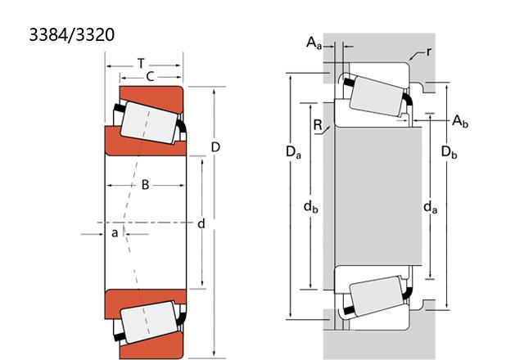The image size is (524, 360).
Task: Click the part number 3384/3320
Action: [x=72, y=34]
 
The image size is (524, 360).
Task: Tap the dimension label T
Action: [x=142, y=63]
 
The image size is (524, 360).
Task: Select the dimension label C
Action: [x=150, y=77]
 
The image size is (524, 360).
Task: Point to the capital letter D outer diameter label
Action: [x=215, y=147]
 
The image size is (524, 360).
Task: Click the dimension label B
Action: [x=145, y=185]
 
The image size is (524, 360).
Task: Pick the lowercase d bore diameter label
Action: [x=201, y=223]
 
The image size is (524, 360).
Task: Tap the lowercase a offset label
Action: [x=115, y=232]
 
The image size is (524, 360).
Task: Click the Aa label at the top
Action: [x=314, y=43]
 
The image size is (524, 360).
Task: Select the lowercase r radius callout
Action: [x=429, y=52]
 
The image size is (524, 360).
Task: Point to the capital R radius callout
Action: [x=318, y=125]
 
